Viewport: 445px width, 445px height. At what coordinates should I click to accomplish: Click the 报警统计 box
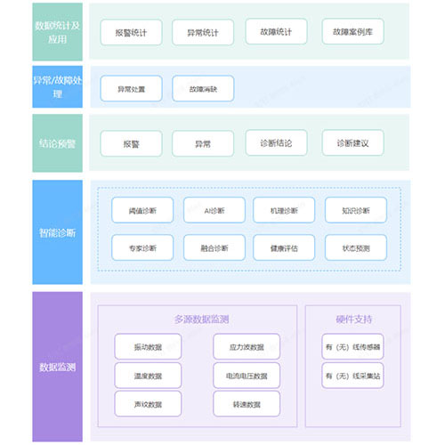(136, 32)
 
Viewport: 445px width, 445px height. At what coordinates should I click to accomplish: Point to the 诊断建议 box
(352, 142)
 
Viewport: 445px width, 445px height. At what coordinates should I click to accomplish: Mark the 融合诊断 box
(214, 247)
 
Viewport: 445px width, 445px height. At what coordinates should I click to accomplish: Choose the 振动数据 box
(148, 346)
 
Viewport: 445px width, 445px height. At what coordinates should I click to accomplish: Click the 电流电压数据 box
(247, 376)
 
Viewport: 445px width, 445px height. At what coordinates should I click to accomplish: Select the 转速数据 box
(247, 405)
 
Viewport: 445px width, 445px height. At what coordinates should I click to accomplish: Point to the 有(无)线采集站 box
(352, 376)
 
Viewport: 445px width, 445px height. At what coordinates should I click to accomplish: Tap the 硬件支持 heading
(352, 319)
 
